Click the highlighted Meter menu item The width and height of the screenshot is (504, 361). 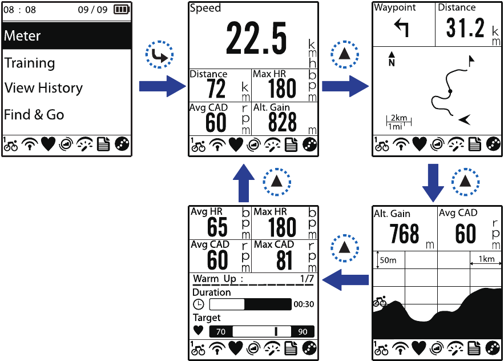pos(67,36)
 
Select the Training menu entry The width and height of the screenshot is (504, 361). pos(30,63)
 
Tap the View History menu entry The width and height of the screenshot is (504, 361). pos(44,88)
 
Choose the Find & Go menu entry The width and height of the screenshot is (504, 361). pos(34,115)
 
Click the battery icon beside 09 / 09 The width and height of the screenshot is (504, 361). pos(122,9)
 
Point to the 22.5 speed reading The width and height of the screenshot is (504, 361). pos(256,39)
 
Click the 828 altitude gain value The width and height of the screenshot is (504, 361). pos(282,122)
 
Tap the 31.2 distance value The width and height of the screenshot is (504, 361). pos(465,28)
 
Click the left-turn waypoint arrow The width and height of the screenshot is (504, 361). pos(401,27)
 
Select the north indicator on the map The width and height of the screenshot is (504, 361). pos(392,59)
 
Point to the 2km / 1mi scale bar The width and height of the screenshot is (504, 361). pos(398,122)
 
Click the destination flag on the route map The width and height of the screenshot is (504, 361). pos(471,61)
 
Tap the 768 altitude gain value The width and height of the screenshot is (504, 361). pos(404,234)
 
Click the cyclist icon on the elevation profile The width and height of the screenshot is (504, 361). pos(380,301)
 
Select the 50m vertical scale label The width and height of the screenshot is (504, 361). pos(388,260)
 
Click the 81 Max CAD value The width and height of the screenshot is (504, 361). pos(284,260)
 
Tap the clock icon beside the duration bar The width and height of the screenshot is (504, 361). pos(198,304)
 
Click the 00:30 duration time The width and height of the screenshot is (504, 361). pos(304,304)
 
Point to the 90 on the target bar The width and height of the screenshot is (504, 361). pos(303,332)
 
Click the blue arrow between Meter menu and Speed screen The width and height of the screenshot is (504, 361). pos(163,86)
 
